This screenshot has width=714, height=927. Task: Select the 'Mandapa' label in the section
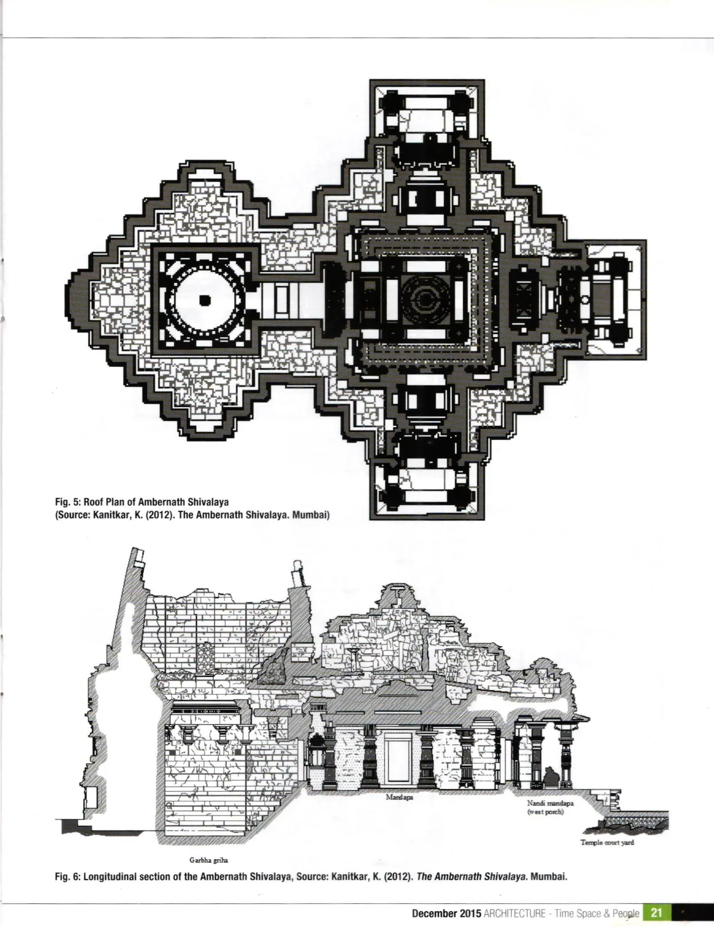click(x=397, y=796)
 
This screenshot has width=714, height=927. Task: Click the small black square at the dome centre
click(x=205, y=299)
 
